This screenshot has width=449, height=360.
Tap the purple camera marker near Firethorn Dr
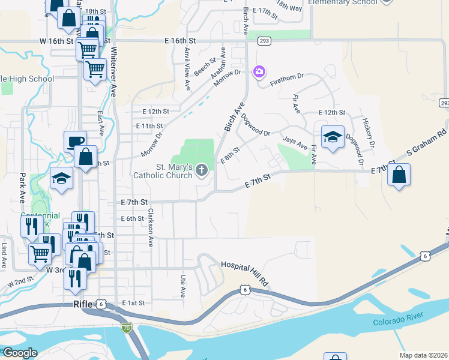pos(259,72)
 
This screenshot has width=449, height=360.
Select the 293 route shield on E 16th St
pos(265,41)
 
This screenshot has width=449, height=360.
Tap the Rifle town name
pos(82,304)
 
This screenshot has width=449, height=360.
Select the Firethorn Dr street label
pos(287,77)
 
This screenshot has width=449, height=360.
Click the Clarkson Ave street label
pos(151,227)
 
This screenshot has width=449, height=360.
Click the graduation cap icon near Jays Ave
pos(333,137)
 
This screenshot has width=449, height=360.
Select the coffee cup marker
pos(75,142)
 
